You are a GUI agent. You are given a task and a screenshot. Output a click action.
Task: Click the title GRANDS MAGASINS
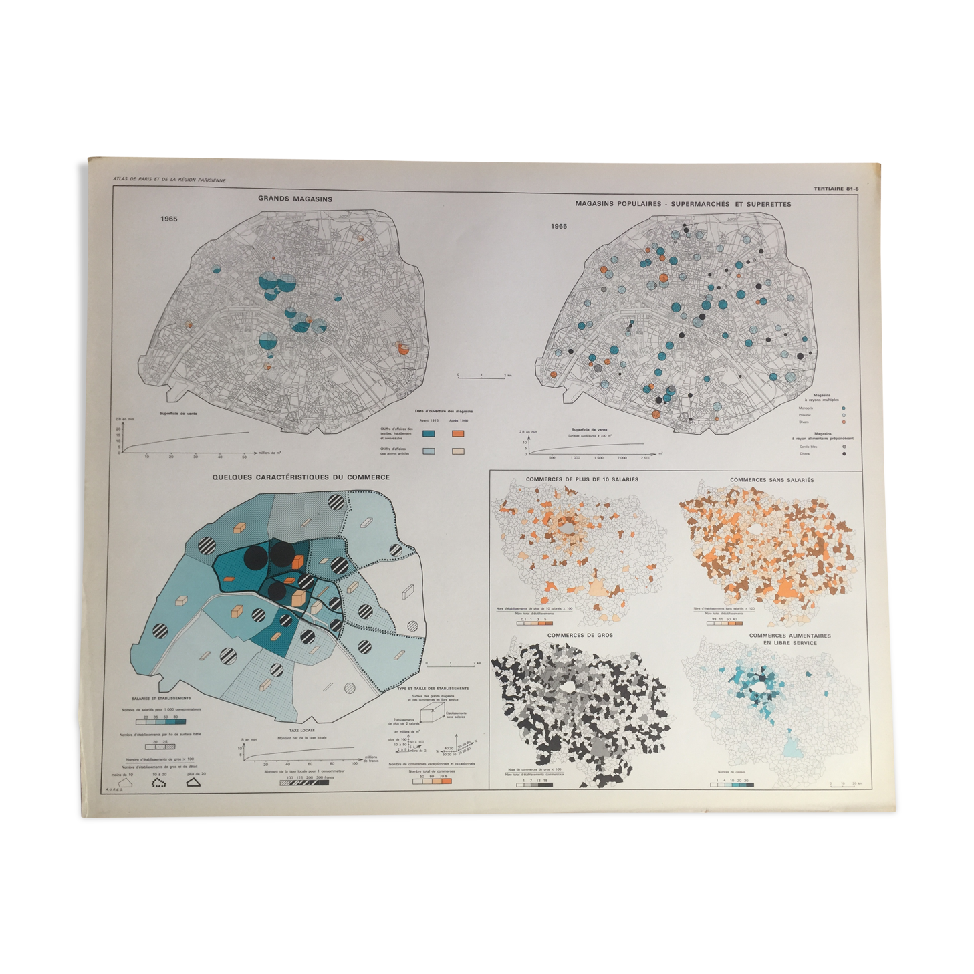point(295,199)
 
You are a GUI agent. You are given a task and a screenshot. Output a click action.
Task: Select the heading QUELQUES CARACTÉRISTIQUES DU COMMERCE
point(301,477)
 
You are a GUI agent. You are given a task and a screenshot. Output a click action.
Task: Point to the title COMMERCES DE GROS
point(580,635)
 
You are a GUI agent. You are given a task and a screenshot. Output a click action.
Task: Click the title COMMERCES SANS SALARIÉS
point(771,480)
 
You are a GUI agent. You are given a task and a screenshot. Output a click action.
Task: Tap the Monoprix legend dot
point(844,408)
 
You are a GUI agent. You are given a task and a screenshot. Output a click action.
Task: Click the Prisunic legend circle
point(844,415)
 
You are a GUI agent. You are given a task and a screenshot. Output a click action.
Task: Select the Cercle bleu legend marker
point(844,447)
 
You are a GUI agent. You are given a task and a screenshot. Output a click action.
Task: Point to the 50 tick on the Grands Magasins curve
point(244,457)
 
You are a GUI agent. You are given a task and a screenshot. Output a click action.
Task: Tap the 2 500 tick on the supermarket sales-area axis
point(644,458)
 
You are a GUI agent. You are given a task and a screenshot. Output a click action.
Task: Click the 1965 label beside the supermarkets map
point(559,226)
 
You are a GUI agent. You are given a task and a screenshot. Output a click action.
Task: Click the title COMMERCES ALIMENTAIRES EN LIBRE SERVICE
point(789,639)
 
